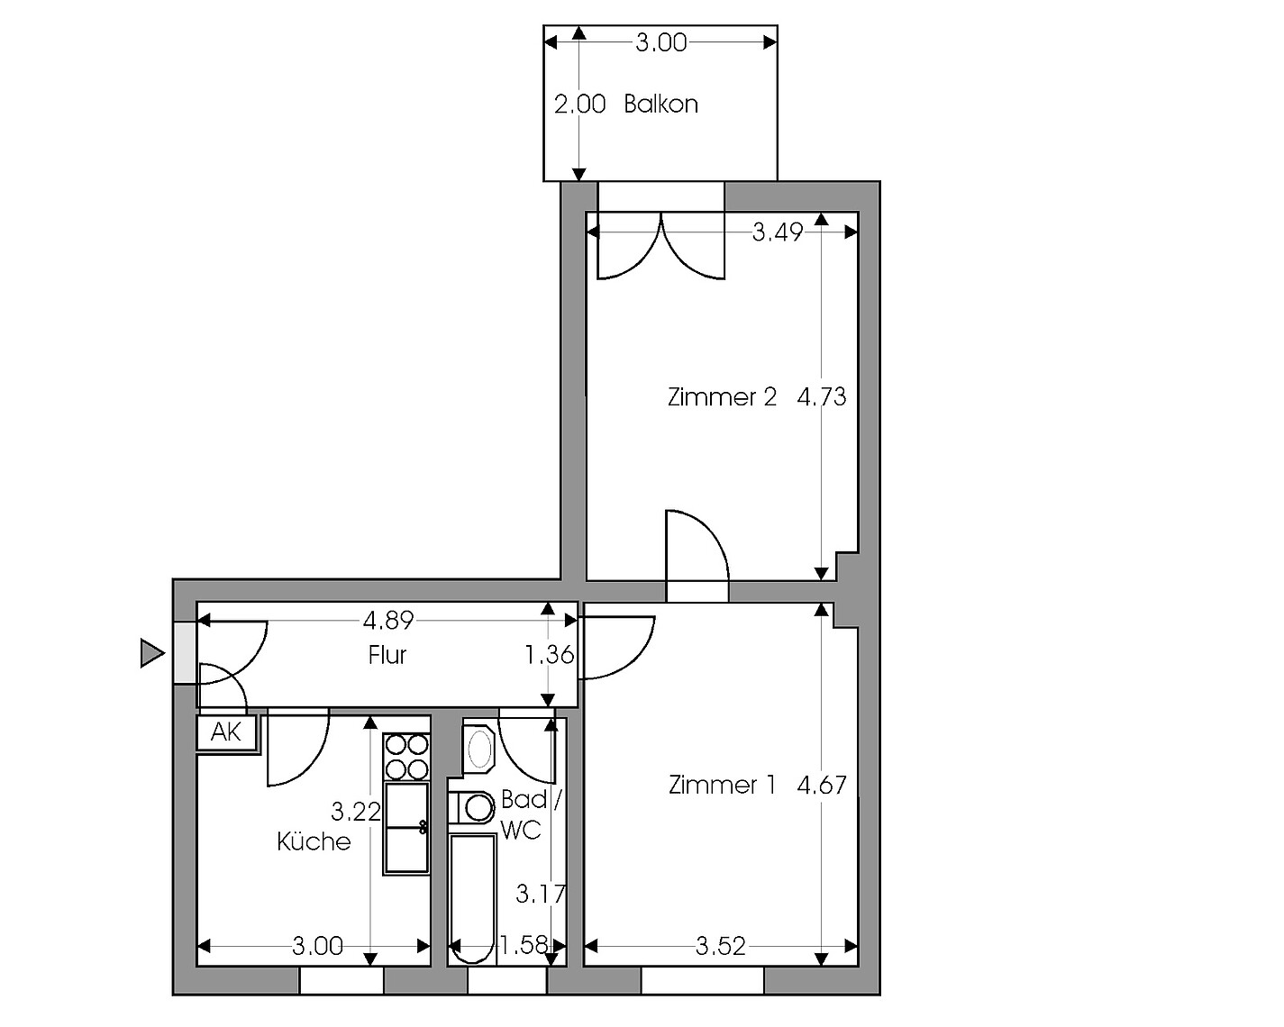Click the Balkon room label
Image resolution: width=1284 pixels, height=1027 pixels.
tap(660, 105)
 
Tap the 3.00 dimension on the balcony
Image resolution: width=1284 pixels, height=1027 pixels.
tap(661, 43)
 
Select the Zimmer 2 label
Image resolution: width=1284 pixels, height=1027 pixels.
tap(722, 397)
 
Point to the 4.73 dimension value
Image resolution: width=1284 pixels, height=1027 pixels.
tap(822, 397)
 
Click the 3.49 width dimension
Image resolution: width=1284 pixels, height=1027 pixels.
tap(778, 232)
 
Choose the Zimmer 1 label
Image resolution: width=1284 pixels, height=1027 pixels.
tap(722, 786)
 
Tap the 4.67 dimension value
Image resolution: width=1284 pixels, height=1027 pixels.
tap(822, 786)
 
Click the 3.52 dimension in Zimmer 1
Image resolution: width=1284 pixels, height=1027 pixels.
tap(721, 947)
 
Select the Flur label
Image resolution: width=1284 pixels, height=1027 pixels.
tap(387, 656)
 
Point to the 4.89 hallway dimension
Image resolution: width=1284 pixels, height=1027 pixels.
tap(388, 622)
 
